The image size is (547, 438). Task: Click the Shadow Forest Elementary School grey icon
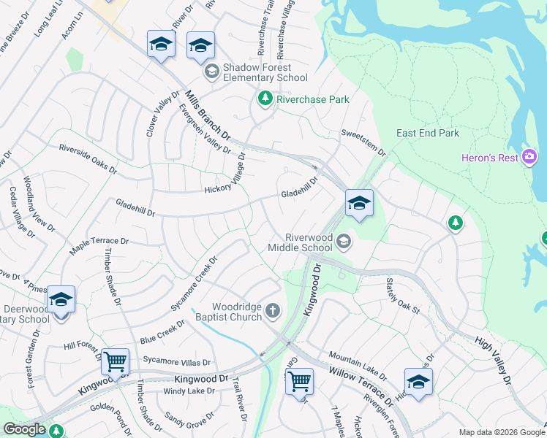point(211,71)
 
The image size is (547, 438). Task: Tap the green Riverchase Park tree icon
point(264,99)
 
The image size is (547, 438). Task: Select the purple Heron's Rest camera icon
point(529,157)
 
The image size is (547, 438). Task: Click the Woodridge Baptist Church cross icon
point(273,312)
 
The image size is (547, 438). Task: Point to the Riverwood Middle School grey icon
point(343,242)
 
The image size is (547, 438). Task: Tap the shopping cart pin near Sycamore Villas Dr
point(115,361)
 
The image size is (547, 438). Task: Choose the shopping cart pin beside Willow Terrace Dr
point(299,380)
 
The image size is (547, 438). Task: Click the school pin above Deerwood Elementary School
point(61,299)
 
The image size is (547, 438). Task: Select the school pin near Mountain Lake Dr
point(418,381)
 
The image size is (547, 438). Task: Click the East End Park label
point(428,133)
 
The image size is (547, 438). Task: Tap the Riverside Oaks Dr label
point(88,158)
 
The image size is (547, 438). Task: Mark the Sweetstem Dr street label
point(363,142)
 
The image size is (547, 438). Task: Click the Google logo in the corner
point(24,429)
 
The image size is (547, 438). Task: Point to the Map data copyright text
point(501,432)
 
